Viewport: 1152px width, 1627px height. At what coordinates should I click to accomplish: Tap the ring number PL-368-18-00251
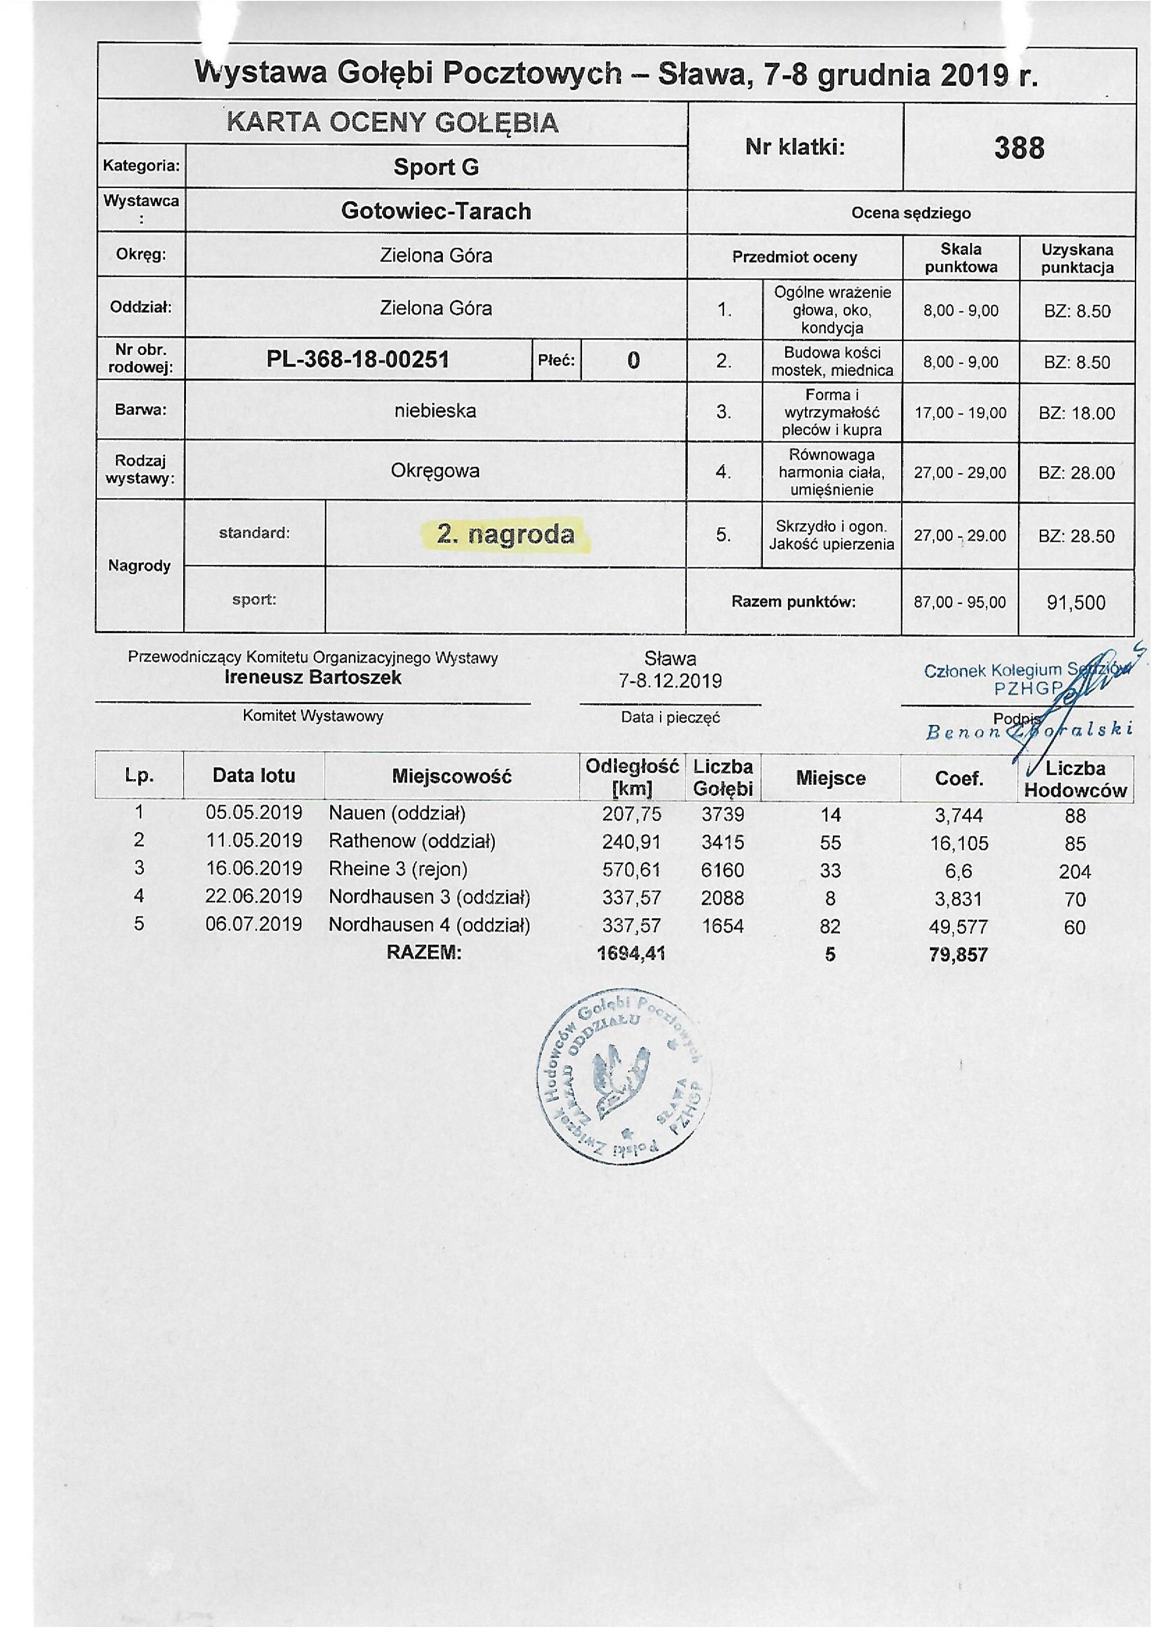pyautogui.click(x=358, y=360)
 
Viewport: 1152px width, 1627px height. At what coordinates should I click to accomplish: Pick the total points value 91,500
pyautogui.click(x=1075, y=603)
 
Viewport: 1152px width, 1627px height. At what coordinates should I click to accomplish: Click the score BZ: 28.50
pyautogui.click(x=1076, y=536)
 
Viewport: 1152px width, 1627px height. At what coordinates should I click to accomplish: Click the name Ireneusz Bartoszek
pyautogui.click(x=313, y=677)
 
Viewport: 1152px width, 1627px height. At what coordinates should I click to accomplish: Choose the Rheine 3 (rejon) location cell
pyautogui.click(x=398, y=869)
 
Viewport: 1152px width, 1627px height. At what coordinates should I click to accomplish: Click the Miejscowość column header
pyautogui.click(x=451, y=777)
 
